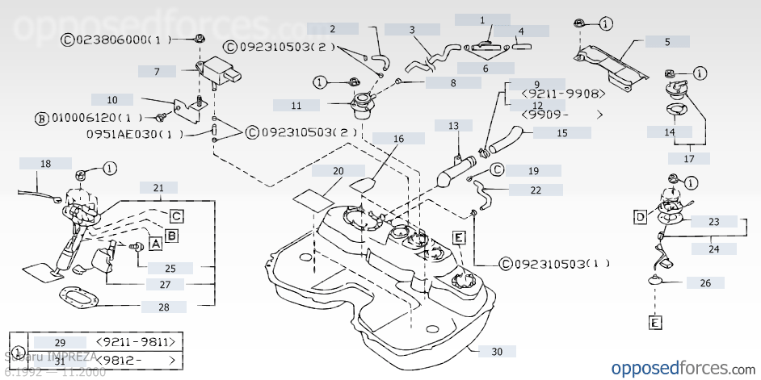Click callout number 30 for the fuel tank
pyautogui.click(x=496, y=352)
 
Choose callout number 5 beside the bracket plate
pyautogui.click(x=666, y=41)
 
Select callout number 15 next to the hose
pyautogui.click(x=561, y=132)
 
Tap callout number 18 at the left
pyautogui.click(x=45, y=164)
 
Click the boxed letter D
pyautogui.click(x=640, y=216)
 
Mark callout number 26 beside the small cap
pyautogui.click(x=705, y=282)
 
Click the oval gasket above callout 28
pyautogui.click(x=78, y=298)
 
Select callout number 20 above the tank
pyautogui.click(x=338, y=171)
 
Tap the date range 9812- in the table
pyautogui.click(x=135, y=360)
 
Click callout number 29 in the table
pyautogui.click(x=59, y=343)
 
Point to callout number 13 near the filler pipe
pyautogui.click(x=453, y=126)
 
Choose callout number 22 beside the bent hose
pyautogui.click(x=536, y=190)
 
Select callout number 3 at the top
pyautogui.click(x=412, y=30)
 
